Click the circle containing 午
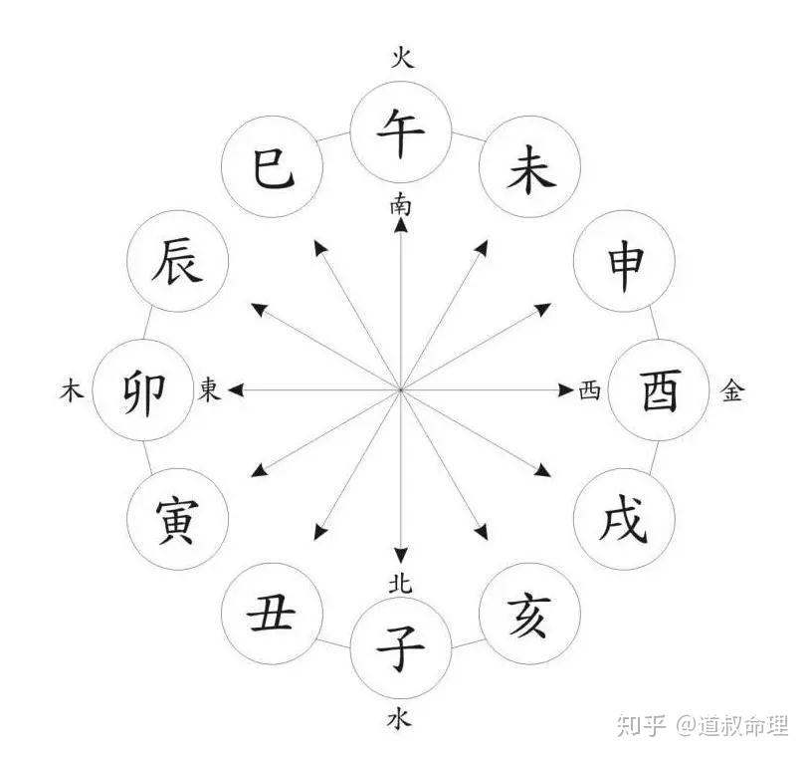(401, 131)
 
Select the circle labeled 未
(529, 169)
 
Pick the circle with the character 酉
(658, 390)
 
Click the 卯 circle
(143, 390)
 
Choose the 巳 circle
(271, 169)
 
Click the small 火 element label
(401, 57)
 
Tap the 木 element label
(71, 391)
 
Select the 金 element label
(731, 391)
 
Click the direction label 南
(401, 205)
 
